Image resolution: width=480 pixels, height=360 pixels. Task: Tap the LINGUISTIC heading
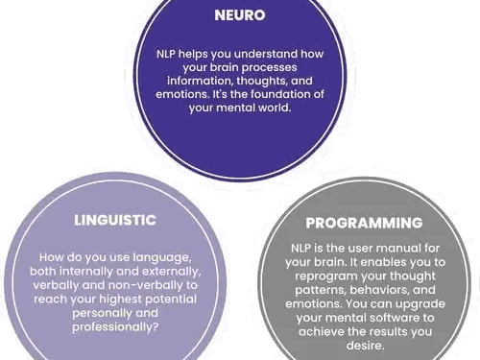115,220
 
